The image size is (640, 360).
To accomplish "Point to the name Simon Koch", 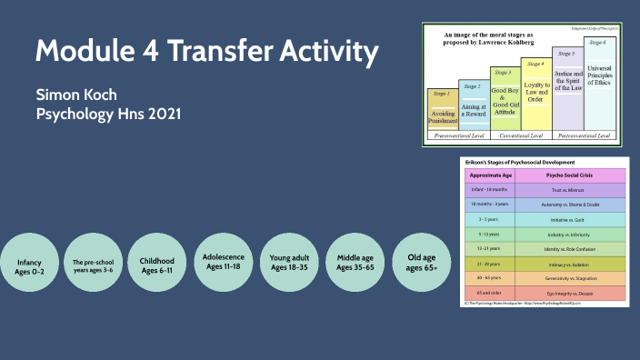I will pos(77,96).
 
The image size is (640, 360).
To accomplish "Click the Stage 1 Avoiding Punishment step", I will pos(443,108).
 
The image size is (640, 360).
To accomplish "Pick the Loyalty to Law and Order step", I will pos(535,94).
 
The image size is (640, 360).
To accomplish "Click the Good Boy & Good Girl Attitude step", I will pos(505,98).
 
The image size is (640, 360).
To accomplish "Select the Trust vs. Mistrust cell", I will pos(569,191).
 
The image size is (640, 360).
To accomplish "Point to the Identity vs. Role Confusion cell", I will pos(569,248).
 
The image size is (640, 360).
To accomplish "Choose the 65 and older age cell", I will pos(488,293).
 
